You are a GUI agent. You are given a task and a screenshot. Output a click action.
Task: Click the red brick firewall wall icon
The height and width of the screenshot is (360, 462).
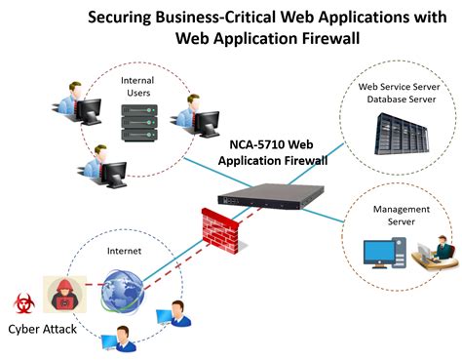221,228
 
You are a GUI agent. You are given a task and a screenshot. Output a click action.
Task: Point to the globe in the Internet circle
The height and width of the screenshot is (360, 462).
121,289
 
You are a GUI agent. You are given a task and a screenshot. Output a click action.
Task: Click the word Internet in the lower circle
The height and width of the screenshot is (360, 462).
124,251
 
